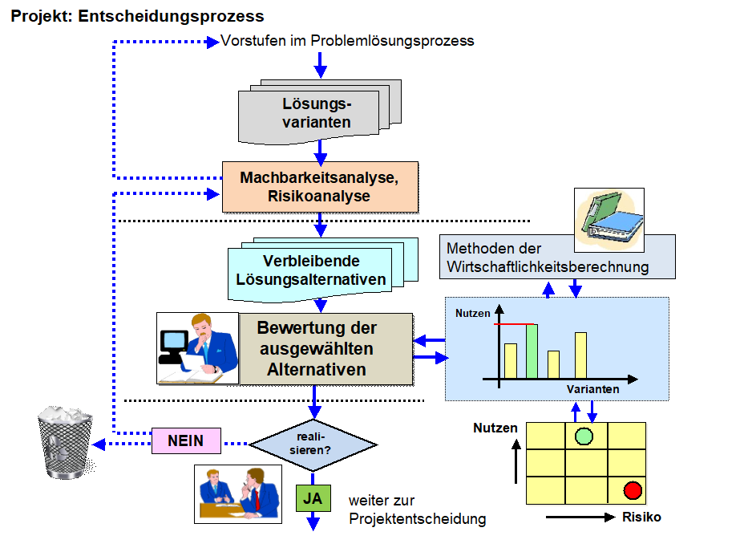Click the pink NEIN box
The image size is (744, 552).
click(185, 440)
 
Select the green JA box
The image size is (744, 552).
click(313, 498)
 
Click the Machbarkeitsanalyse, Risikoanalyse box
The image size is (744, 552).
click(320, 185)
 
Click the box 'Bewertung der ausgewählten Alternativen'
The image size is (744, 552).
click(317, 349)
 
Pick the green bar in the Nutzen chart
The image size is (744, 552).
click(531, 351)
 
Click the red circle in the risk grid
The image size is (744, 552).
click(633, 489)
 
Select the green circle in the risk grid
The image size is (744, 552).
click(584, 436)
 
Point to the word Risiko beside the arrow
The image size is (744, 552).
click(641, 517)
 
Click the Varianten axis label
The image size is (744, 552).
click(592, 389)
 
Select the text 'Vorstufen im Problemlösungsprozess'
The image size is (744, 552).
click(347, 40)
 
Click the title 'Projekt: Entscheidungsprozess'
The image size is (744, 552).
click(137, 16)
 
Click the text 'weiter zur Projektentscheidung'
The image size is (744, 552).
click(417, 509)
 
